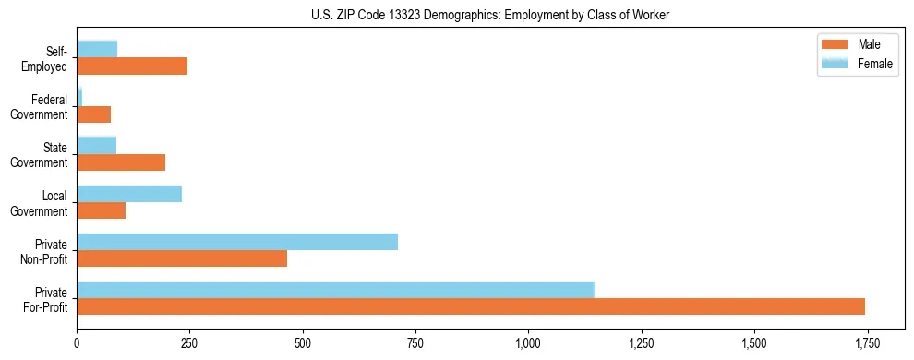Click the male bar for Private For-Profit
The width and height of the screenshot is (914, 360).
click(x=471, y=306)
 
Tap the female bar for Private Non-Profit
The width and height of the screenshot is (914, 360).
click(x=237, y=242)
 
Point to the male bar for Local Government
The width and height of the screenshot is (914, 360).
click(x=102, y=210)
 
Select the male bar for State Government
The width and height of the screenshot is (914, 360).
click(x=121, y=162)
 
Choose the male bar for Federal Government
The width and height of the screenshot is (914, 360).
click(x=94, y=114)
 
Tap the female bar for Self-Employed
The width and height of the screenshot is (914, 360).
click(x=97, y=49)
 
